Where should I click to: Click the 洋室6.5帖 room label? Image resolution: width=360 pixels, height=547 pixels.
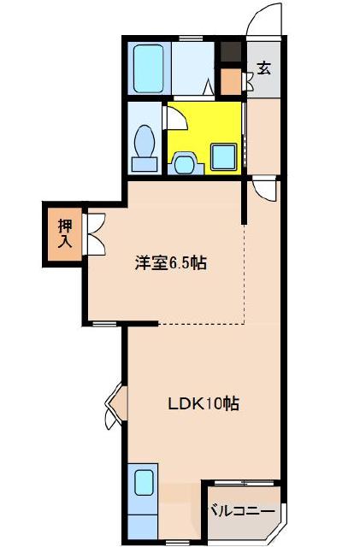tap(170, 263)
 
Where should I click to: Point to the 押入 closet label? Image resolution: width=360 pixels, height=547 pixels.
tap(65, 232)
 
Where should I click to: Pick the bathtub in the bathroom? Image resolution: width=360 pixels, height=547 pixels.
tap(150, 68)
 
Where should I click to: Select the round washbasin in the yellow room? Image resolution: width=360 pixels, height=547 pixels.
tap(185, 161)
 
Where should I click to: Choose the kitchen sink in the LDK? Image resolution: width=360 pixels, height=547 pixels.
tap(143, 483)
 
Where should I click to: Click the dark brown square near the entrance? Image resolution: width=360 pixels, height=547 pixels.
tap(230, 50)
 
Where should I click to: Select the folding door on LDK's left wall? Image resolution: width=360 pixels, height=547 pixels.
tap(113, 407)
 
